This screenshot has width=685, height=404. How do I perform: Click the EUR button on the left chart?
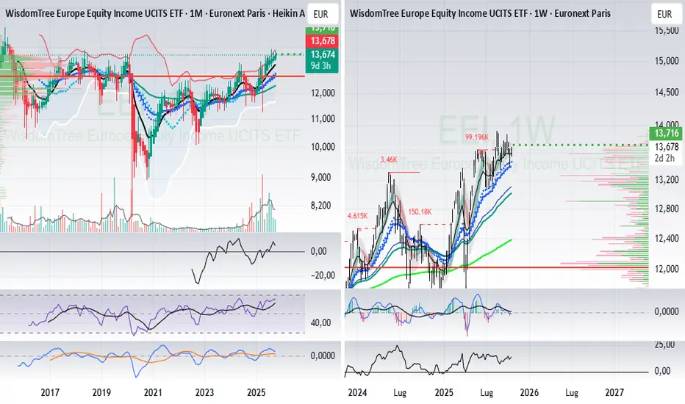[x=320, y=14]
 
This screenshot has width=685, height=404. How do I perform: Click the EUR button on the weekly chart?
[x=663, y=14]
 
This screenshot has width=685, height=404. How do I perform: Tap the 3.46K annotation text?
[x=389, y=159]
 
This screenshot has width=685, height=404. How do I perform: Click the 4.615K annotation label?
[x=356, y=216]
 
